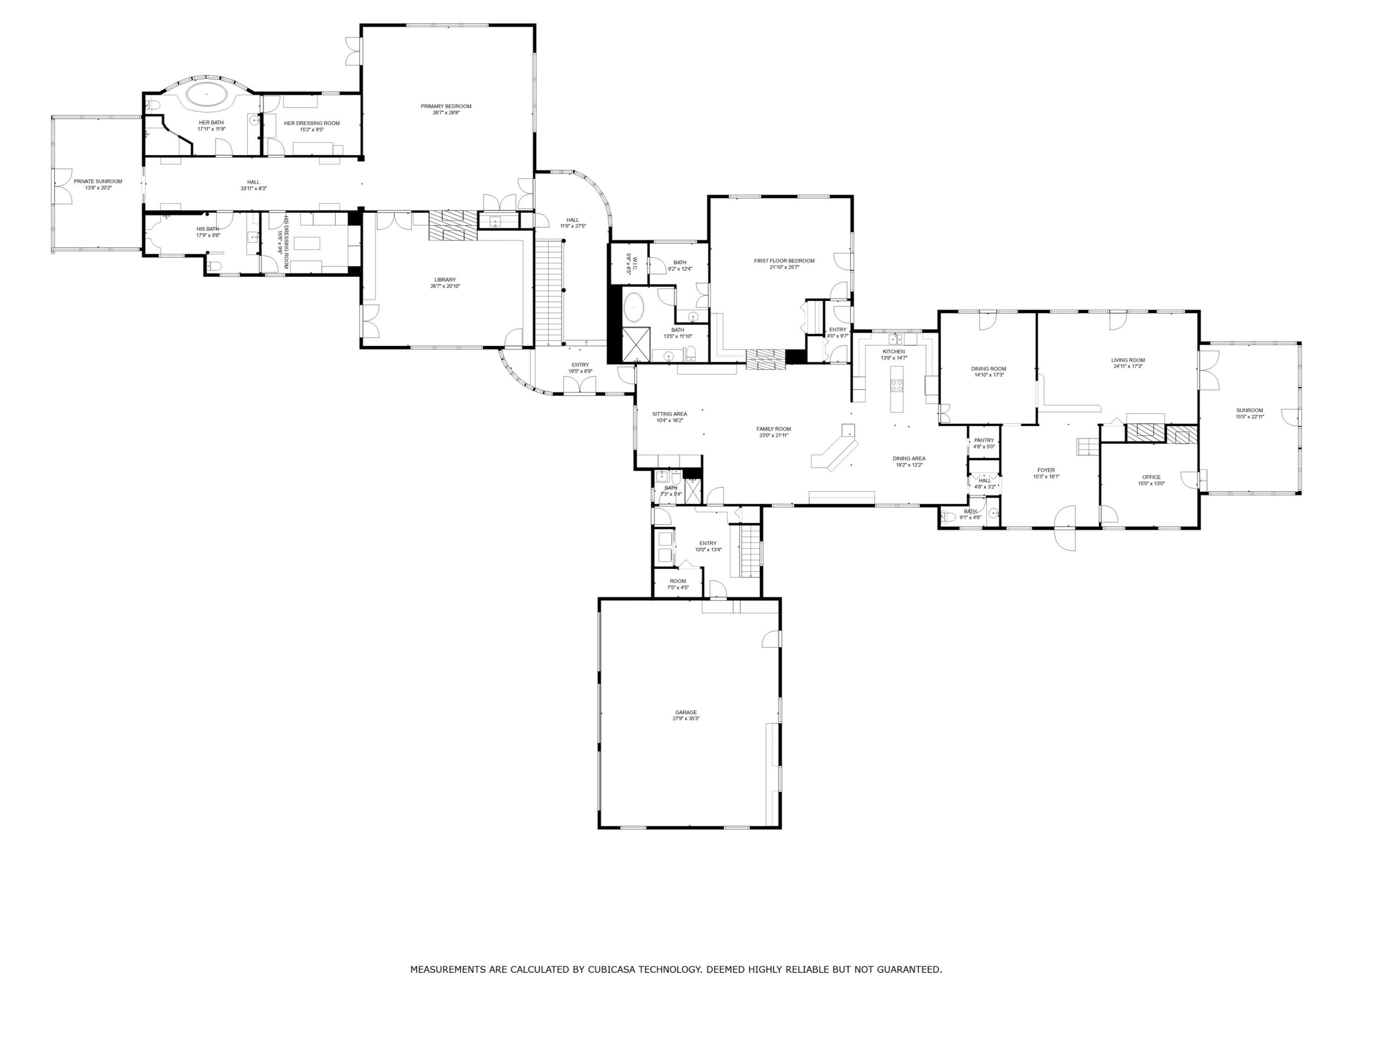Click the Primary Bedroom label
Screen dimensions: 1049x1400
446,106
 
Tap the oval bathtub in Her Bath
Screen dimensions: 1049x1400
206,95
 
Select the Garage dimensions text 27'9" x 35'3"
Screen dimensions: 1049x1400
686,719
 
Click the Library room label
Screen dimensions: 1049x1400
445,280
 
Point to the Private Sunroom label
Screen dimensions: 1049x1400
98,182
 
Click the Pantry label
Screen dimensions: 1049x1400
984,441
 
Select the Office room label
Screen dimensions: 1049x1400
1151,477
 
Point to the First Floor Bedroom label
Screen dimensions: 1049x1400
784,261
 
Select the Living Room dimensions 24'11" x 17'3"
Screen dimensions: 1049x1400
1128,366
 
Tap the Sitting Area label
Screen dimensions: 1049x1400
670,414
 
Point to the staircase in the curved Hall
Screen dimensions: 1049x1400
549,291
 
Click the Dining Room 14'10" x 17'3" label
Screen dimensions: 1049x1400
988,369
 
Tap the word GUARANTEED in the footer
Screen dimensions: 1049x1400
909,969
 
